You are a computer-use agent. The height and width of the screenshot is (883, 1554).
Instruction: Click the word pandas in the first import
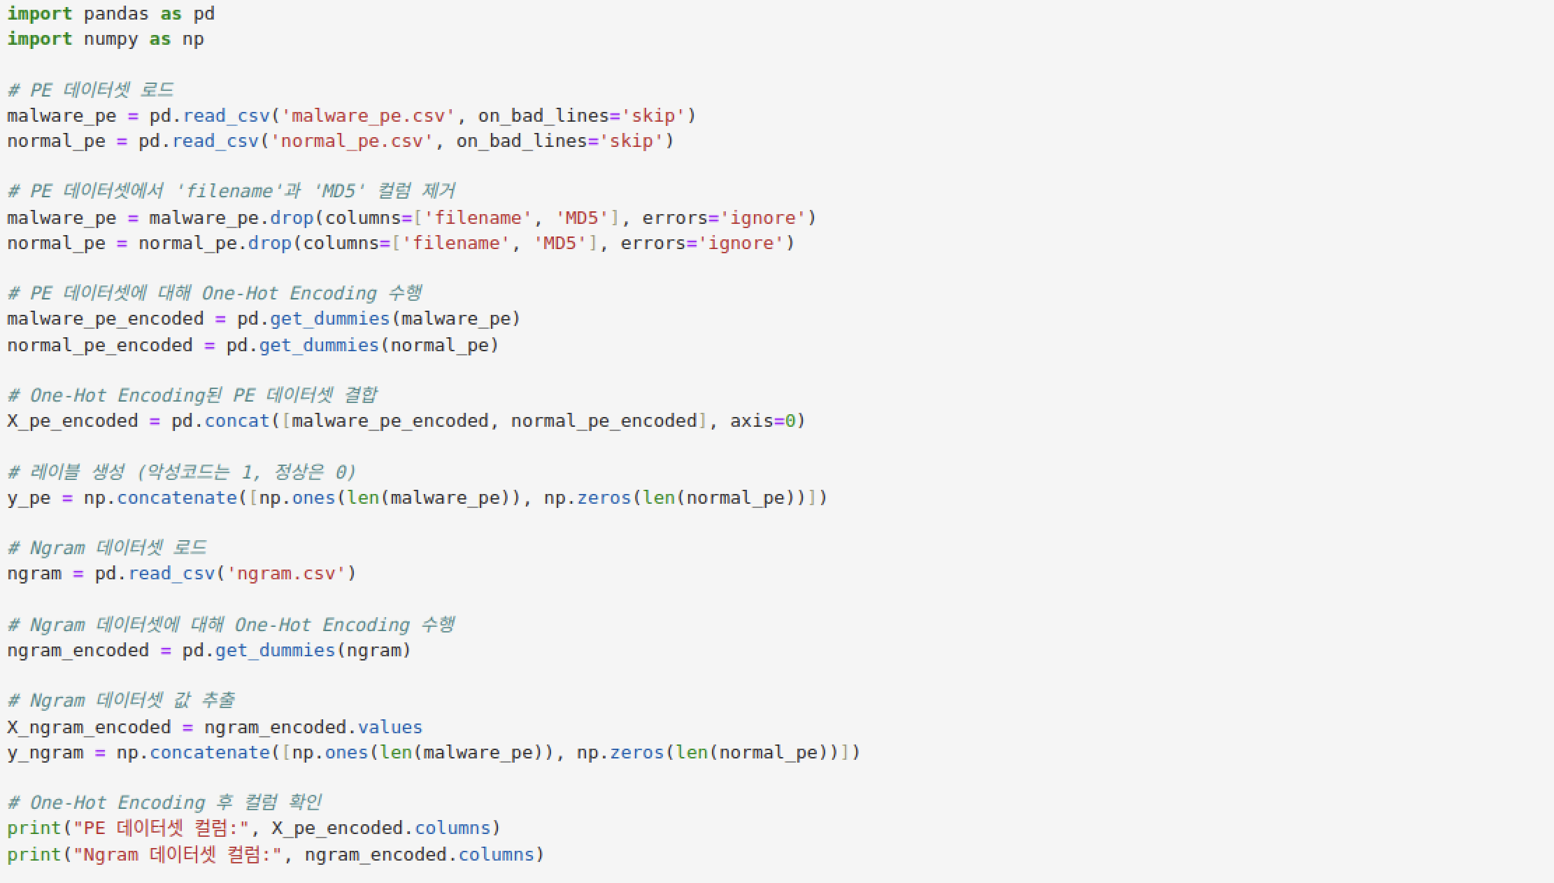click(x=115, y=14)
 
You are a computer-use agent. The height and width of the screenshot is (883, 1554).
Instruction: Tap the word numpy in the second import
click(x=111, y=39)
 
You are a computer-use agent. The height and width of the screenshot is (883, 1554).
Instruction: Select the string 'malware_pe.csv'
click(x=368, y=116)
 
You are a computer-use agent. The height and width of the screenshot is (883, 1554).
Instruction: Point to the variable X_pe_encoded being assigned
click(x=72, y=421)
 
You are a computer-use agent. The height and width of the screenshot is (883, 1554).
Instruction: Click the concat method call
click(x=237, y=421)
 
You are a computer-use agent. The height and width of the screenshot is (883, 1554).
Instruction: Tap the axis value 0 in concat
click(x=790, y=421)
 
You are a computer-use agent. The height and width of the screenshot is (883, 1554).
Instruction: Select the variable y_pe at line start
click(x=29, y=498)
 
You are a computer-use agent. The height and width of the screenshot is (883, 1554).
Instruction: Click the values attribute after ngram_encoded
click(x=390, y=728)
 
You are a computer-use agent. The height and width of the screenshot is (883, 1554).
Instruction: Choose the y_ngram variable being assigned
click(x=45, y=753)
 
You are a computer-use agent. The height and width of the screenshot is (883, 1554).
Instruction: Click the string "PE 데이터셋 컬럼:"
click(x=161, y=828)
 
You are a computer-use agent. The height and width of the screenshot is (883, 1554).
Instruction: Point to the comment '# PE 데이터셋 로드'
click(x=90, y=90)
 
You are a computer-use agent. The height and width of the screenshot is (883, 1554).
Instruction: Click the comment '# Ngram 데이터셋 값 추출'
click(x=121, y=700)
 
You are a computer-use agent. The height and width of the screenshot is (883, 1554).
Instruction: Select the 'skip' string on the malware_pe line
click(x=653, y=116)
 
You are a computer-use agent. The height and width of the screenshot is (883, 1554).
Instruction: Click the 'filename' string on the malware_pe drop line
click(x=473, y=218)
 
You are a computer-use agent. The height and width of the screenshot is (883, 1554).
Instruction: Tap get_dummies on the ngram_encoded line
click(x=275, y=651)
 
